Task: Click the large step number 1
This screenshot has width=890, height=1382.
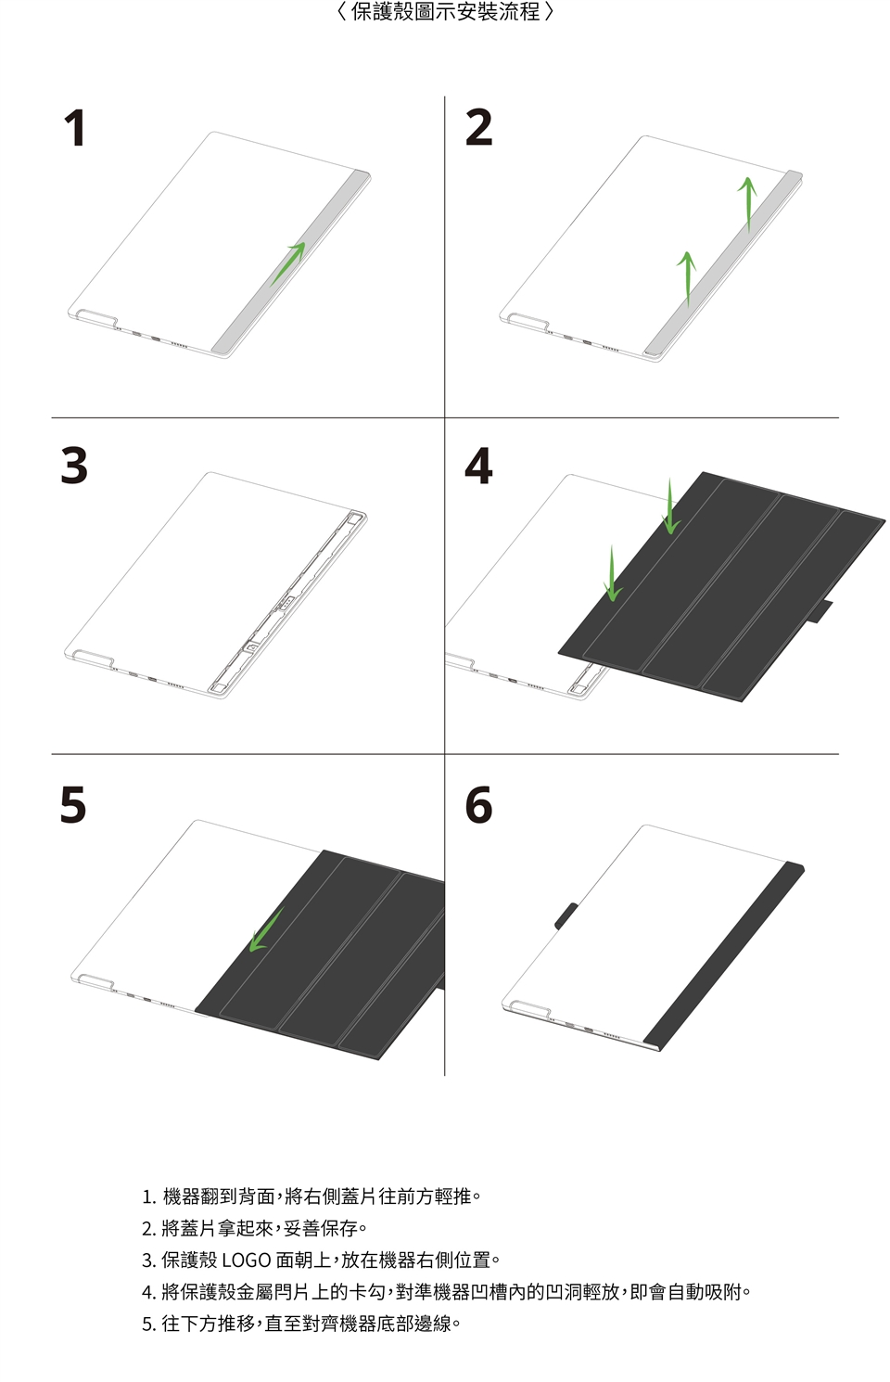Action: click(75, 128)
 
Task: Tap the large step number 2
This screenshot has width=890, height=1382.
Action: click(478, 127)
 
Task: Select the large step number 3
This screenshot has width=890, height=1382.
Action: click(74, 466)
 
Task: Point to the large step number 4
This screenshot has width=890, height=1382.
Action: click(478, 466)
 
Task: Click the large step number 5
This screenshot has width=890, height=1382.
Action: click(73, 804)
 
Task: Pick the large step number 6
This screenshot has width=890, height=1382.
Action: click(478, 804)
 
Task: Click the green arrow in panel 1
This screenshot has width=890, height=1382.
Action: click(287, 263)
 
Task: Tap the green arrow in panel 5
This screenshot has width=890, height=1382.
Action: click(266, 929)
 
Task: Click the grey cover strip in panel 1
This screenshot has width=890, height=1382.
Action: click(291, 263)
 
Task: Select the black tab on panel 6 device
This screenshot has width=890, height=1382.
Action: click(566, 915)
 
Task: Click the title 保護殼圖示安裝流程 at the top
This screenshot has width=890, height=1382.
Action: click(445, 11)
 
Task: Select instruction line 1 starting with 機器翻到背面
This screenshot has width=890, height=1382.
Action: click(311, 1196)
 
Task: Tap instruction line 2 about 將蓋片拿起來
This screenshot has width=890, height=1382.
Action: click(254, 1228)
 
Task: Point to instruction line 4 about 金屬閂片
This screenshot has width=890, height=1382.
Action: click(446, 1292)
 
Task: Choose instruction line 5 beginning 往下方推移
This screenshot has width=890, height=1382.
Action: click(301, 1324)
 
